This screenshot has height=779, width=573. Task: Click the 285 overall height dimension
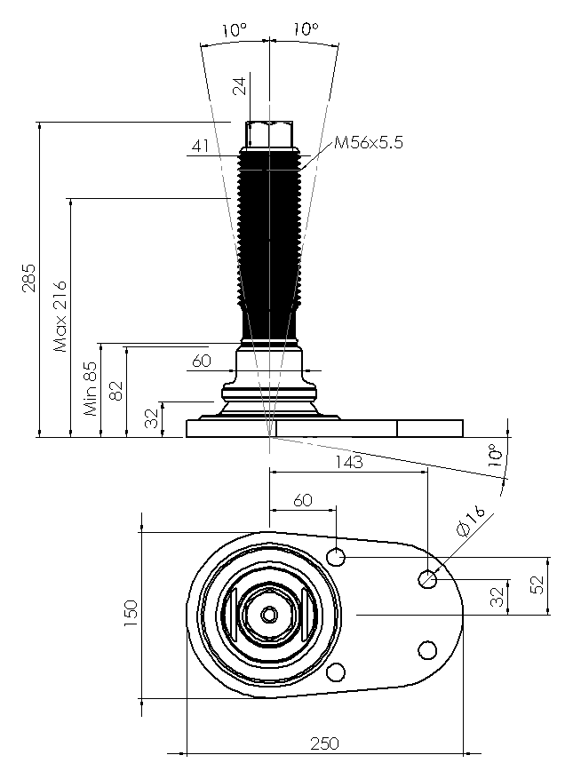(x=28, y=278)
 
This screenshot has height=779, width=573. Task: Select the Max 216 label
(x=60, y=316)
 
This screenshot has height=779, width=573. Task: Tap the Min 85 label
(x=91, y=388)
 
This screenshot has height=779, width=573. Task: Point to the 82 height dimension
(x=115, y=391)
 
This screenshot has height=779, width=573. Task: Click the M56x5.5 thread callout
(x=369, y=143)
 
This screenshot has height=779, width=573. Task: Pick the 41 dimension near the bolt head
(x=200, y=146)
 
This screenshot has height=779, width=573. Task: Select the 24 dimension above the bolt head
(x=240, y=85)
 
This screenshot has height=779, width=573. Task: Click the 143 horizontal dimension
(x=349, y=462)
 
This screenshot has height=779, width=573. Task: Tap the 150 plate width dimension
(x=131, y=613)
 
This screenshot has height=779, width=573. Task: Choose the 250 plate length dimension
(x=324, y=743)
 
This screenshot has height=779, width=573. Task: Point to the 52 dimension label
(x=537, y=584)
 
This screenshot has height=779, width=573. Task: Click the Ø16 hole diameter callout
(x=470, y=521)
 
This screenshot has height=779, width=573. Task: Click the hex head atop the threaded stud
(x=269, y=134)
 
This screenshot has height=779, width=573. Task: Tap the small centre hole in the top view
(x=269, y=615)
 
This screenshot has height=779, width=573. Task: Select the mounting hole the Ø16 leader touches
(x=427, y=579)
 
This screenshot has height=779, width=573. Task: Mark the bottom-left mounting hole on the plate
(x=336, y=672)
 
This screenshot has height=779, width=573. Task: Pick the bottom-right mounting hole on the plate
(x=427, y=650)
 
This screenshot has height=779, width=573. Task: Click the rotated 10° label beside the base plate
(x=495, y=455)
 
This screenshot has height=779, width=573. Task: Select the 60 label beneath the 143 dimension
(x=303, y=500)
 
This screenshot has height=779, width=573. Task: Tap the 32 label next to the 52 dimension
(x=497, y=597)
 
